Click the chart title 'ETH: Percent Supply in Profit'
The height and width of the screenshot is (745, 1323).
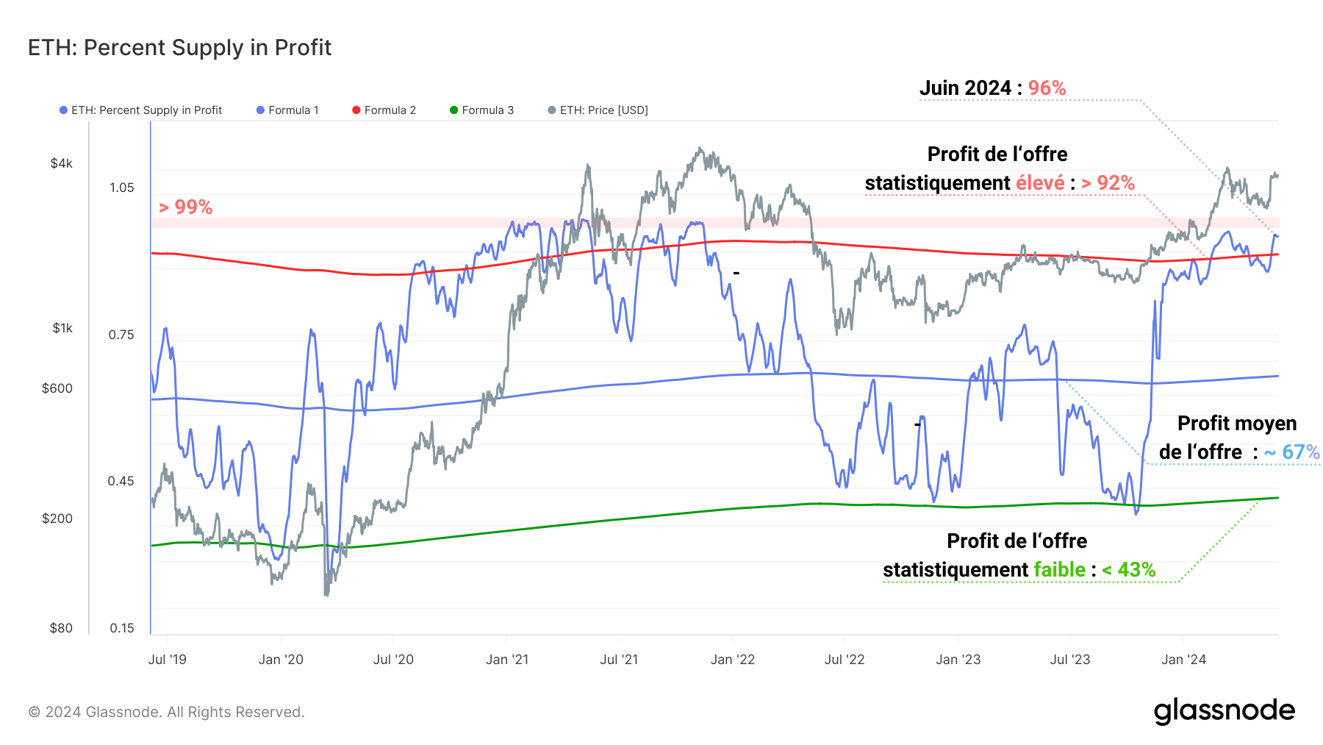click(179, 48)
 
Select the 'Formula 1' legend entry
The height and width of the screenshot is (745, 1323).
click(288, 110)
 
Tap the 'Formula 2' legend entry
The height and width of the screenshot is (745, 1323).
click(384, 110)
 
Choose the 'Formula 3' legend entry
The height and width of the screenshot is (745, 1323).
click(482, 110)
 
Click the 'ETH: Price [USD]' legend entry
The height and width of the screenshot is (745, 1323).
click(598, 110)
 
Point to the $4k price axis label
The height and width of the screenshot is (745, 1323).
click(62, 163)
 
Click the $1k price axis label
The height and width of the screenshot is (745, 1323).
click(62, 328)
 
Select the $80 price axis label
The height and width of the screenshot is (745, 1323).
click(61, 628)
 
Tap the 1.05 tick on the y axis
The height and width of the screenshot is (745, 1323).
click(122, 188)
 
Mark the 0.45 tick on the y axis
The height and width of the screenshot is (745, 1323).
click(121, 481)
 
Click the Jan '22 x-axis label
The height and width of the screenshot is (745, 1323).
click(733, 660)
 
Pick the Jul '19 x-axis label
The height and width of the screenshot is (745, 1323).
click(168, 660)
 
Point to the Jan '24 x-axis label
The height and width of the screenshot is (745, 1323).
click(1183, 660)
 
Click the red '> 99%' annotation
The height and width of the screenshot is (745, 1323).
click(186, 207)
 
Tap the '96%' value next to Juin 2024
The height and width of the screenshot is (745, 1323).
click(1047, 88)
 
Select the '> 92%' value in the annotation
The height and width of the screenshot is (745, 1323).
click(1108, 183)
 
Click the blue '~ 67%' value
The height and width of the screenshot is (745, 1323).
click(1291, 452)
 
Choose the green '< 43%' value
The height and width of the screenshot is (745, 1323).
click(1128, 570)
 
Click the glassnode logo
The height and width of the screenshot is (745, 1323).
click(1224, 711)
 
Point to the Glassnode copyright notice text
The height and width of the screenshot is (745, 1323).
click(166, 712)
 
